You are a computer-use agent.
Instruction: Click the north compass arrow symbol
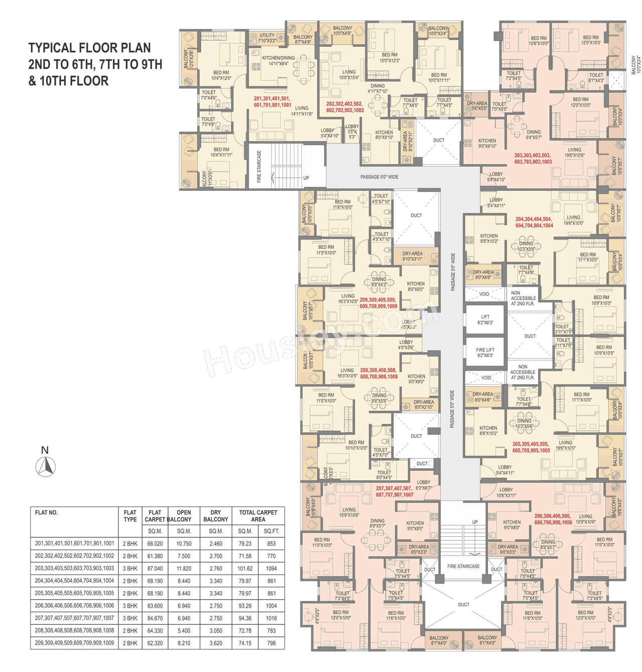[x=46, y=466]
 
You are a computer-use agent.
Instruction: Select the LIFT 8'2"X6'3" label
[x=485, y=319]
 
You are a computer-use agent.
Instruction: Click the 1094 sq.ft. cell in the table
[x=271, y=569]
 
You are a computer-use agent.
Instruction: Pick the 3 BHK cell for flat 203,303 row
[x=130, y=569]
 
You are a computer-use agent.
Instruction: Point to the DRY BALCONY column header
[x=216, y=516]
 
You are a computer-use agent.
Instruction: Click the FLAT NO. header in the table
[x=46, y=512]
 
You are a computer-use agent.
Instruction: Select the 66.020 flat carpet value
[x=155, y=543]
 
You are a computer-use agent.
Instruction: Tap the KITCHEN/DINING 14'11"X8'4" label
[x=278, y=61]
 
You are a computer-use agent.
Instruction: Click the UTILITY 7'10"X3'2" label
[x=267, y=38]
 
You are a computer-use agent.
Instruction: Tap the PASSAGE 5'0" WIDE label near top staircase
[x=379, y=177]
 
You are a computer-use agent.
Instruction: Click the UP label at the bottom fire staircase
[x=475, y=522]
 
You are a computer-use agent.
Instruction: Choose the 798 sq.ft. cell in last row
[x=271, y=643]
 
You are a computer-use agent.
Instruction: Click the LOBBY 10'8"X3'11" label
[x=506, y=492]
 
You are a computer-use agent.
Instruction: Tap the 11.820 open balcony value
[x=184, y=569]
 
